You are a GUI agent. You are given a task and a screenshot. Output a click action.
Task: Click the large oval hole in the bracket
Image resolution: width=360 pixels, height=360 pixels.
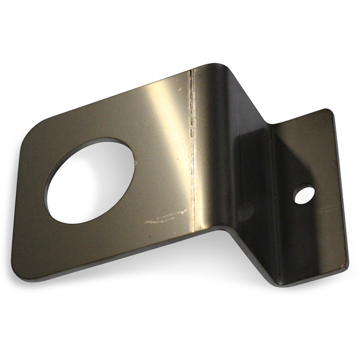click(90, 180)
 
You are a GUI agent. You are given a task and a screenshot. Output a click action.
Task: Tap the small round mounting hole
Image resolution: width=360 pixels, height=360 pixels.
click(304, 194)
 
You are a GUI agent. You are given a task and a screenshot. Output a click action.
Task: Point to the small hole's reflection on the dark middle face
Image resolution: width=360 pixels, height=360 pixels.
click(246, 210)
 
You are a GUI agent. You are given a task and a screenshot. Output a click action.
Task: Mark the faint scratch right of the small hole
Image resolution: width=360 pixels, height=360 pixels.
click(329, 208)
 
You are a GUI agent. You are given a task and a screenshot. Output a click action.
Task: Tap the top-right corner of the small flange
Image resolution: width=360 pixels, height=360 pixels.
click(328, 110)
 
